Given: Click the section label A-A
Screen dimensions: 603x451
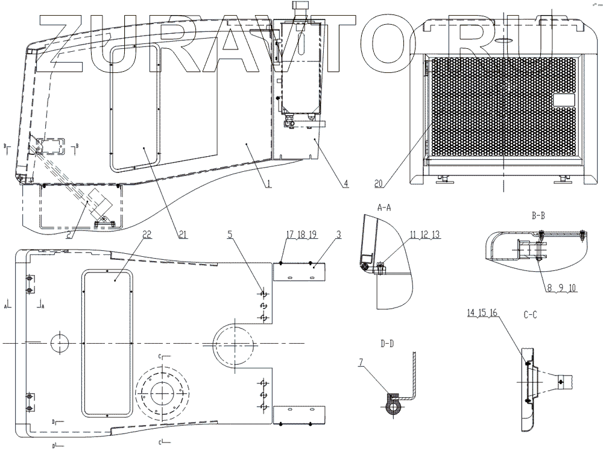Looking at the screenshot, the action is pyautogui.click(x=384, y=207).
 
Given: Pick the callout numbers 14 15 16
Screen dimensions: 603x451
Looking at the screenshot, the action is pyautogui.click(x=482, y=312).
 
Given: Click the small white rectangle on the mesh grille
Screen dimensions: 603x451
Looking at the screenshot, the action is pyautogui.click(x=567, y=99).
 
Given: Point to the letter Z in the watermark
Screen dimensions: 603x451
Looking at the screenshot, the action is pyautogui.click(x=62, y=43).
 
